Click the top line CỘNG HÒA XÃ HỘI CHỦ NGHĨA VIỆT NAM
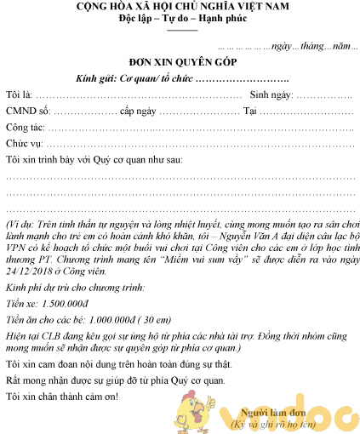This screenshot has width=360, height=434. pos(180,8)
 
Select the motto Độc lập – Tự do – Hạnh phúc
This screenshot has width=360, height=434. pos(180,20)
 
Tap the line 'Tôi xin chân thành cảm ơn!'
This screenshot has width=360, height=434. pos(63,397)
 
